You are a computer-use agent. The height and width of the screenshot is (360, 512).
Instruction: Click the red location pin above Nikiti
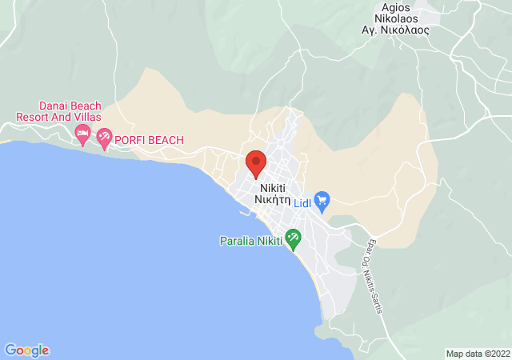(x=256, y=163)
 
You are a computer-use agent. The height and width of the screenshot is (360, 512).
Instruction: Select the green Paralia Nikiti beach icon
(x=293, y=238)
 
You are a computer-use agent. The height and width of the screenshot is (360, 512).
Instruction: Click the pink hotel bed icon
(x=82, y=133)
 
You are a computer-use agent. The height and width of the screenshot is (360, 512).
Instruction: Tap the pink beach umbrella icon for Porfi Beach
(x=104, y=139)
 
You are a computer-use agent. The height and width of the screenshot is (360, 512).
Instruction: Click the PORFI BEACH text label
(x=150, y=140)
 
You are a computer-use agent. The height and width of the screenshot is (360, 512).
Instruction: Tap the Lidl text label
(x=302, y=204)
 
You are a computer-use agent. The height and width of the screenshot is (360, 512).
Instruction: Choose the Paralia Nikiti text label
(x=251, y=241)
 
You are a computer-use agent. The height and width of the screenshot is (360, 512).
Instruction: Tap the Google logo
(x=27, y=350)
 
